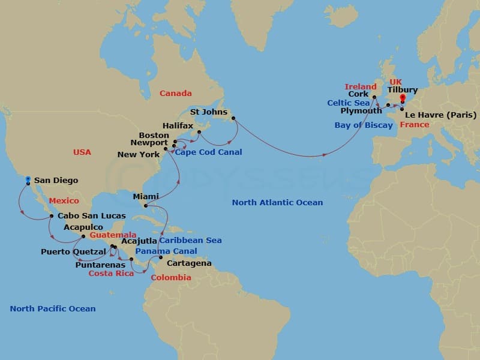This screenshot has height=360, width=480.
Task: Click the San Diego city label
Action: pyautogui.click(x=56, y=180)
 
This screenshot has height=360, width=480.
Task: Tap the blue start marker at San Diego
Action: pyautogui.click(x=28, y=178)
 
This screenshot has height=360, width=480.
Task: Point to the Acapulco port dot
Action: pyautogui.click(x=83, y=236)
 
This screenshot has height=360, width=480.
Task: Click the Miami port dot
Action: pyautogui.click(x=144, y=207)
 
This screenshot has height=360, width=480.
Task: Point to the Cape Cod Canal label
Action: pyautogui.click(x=209, y=152)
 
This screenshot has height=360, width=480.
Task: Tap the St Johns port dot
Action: pyautogui.click(x=233, y=118)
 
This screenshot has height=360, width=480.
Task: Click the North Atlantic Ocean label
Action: pyautogui.click(x=277, y=203)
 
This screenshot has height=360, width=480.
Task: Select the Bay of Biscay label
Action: pyautogui.click(x=364, y=125)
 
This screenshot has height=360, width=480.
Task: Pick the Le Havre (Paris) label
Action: pyautogui.click(x=441, y=115)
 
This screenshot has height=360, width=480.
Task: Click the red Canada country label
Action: pyautogui.click(x=176, y=93)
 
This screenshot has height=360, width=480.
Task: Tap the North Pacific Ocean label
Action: pyautogui.click(x=53, y=308)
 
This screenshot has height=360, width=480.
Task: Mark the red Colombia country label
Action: pyautogui.click(x=171, y=277)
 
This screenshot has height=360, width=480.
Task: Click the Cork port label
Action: pyautogui.click(x=358, y=94)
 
